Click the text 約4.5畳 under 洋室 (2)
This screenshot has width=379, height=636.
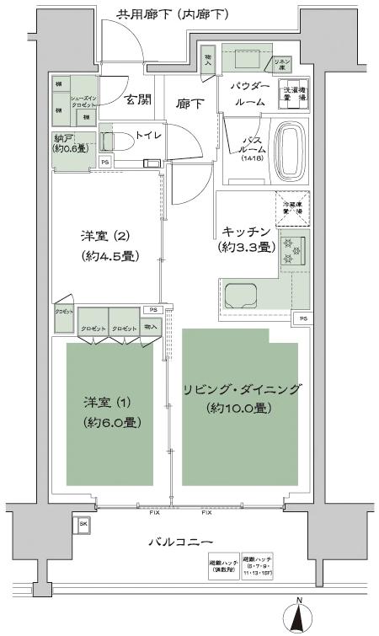click(x=109, y=255)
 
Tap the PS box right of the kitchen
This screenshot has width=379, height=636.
click(x=302, y=319)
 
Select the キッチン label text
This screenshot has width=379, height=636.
click(x=246, y=231)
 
